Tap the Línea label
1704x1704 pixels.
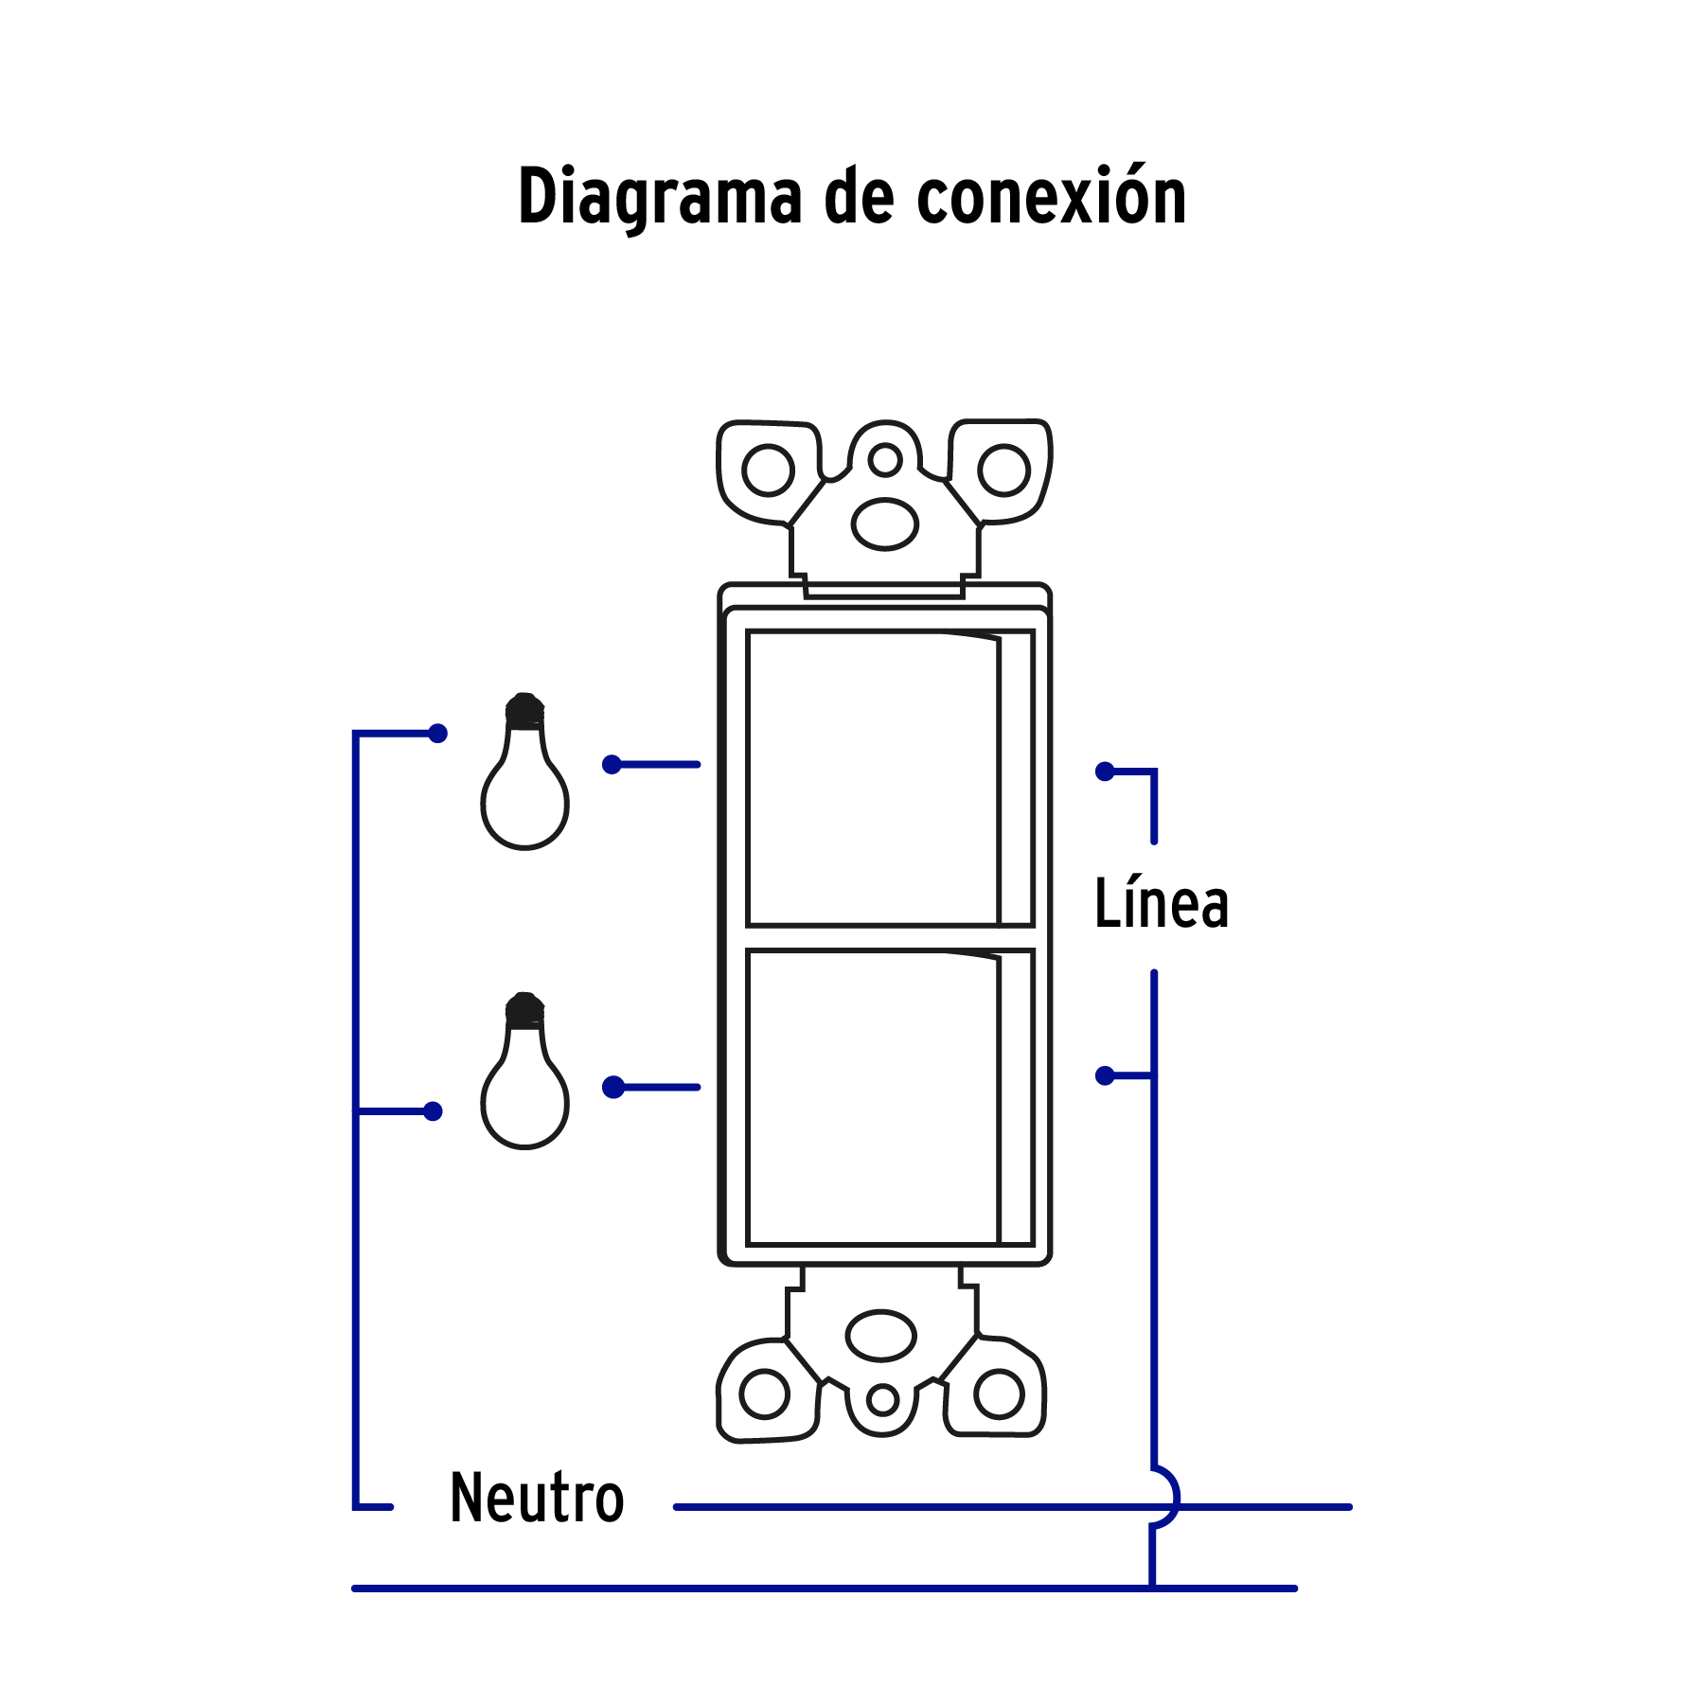coord(1161,904)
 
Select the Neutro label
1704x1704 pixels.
coord(537,1499)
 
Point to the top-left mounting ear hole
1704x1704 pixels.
coord(768,470)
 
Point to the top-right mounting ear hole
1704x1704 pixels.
coord(1003,470)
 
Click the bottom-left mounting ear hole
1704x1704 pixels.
coord(764,1393)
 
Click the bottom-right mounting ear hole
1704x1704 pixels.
coord(1000,1393)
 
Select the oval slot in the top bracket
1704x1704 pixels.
coord(885,524)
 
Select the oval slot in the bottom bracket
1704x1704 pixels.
coord(881,1335)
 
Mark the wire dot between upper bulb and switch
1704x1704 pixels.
coord(612,764)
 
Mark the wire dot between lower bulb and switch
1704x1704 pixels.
coord(613,1087)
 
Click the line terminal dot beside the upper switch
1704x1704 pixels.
coord(1105,772)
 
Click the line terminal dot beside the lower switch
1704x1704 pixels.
coord(1105,1075)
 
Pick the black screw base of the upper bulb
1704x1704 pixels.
coord(524,711)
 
